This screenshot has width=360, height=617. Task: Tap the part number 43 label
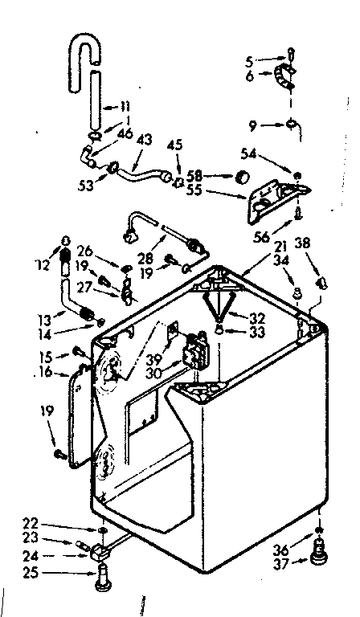(x=145, y=139)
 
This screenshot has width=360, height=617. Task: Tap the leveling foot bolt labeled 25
(x=101, y=577)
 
